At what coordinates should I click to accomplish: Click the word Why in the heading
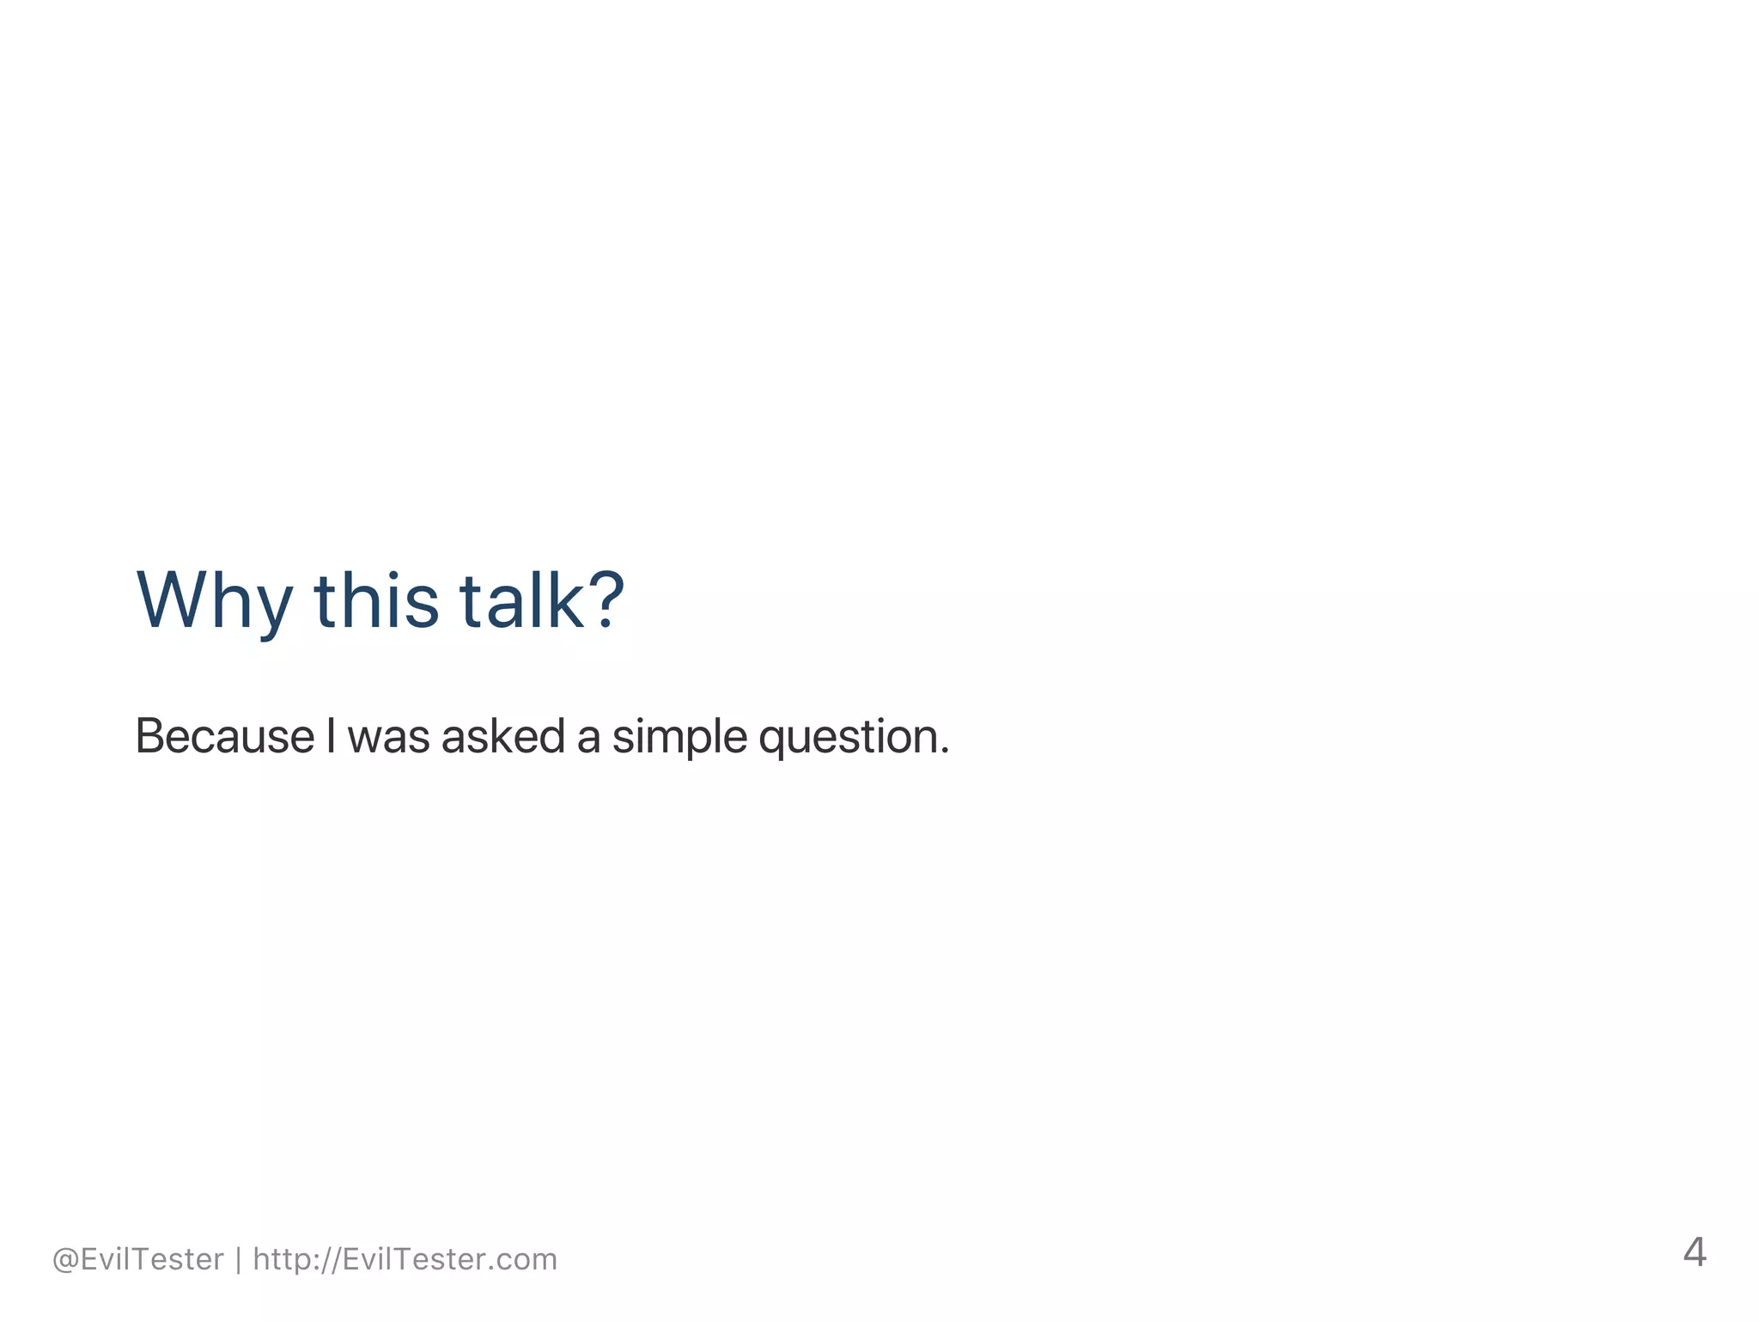pyautogui.click(x=214, y=601)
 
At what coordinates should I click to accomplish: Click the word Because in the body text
pyautogui.click(x=225, y=736)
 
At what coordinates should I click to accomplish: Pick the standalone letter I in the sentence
pyautogui.click(x=331, y=736)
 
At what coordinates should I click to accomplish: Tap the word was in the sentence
pyautogui.click(x=388, y=738)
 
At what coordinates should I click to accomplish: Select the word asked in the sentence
pyautogui.click(x=502, y=736)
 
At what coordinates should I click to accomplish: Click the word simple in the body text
pyautogui.click(x=679, y=738)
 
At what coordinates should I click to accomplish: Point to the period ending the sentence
pyautogui.click(x=945, y=752)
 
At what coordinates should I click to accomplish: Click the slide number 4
pyautogui.click(x=1694, y=1252)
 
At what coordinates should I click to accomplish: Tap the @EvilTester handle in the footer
pyautogui.click(x=137, y=1259)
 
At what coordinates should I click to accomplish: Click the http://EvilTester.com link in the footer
pyautogui.click(x=405, y=1259)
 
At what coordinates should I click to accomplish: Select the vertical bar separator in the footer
pyautogui.click(x=238, y=1260)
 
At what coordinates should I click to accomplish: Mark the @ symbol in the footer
pyautogui.click(x=65, y=1260)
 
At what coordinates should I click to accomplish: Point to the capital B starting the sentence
pyautogui.click(x=149, y=736)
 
